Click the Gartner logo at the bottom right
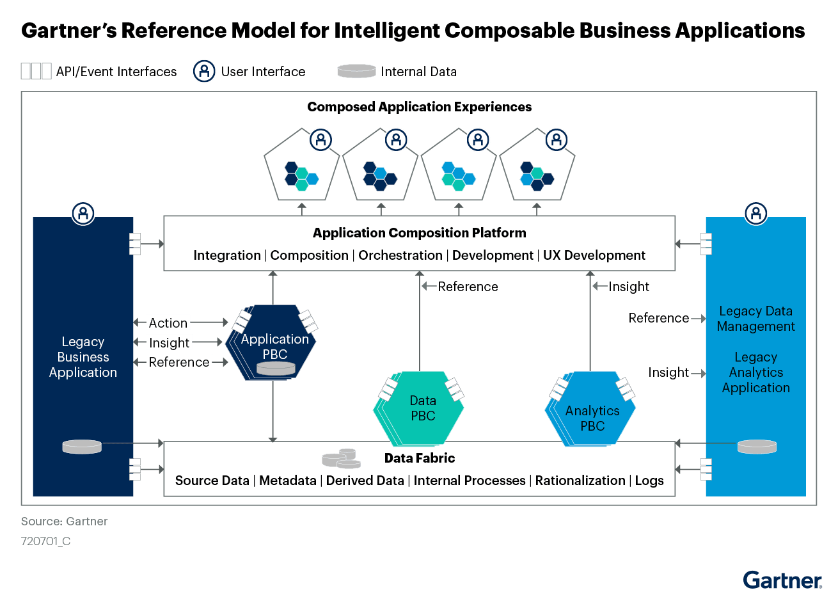782,580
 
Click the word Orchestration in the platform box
400,255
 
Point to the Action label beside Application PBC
168,322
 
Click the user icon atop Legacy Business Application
83,213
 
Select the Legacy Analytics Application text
755,372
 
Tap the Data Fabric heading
419,458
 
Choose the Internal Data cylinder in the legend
356,71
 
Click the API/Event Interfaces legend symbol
36,71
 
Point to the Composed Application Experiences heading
419,107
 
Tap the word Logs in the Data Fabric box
649,481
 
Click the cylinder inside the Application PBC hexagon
276,368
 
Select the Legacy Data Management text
755,319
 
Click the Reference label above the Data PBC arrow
468,287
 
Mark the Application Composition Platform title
419,233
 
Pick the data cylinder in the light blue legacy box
757,446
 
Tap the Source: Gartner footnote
64,521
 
